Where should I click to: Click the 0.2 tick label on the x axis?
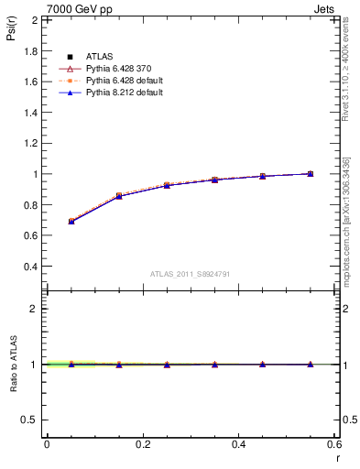pos(143,444)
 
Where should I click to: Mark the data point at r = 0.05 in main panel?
pos(71,222)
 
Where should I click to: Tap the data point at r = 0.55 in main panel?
pos(311,173)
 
